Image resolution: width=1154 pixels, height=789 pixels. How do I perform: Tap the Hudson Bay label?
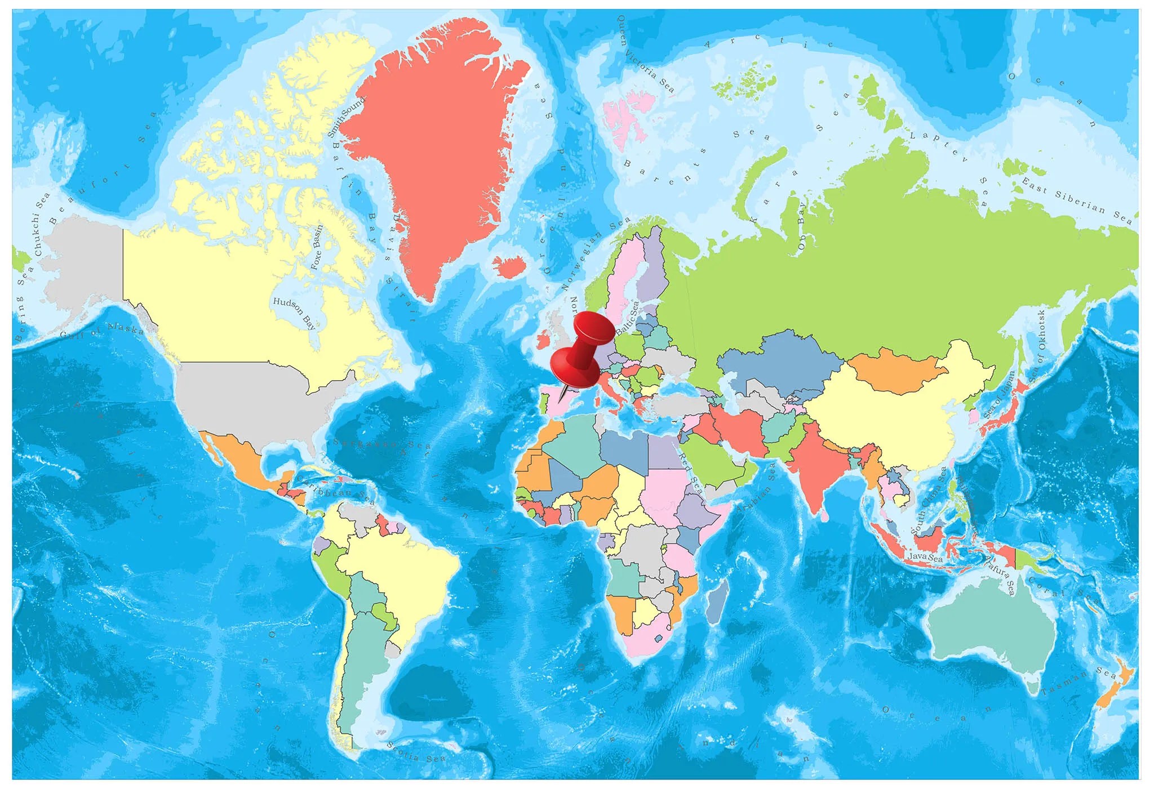[294, 313]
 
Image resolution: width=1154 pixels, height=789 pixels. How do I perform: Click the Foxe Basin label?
[317, 247]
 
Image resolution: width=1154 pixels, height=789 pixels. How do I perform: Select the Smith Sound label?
[346, 117]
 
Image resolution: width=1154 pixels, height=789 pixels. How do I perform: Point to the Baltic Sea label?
[627, 318]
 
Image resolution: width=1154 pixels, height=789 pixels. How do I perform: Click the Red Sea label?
[690, 472]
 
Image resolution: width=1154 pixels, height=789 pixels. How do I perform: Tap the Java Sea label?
[925, 558]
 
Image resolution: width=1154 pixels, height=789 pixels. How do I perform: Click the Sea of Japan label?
[1000, 395]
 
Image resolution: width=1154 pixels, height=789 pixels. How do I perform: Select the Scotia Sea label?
[416, 752]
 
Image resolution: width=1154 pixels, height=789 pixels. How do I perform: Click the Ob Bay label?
[802, 226]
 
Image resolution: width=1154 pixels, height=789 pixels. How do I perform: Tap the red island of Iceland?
[510, 266]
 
